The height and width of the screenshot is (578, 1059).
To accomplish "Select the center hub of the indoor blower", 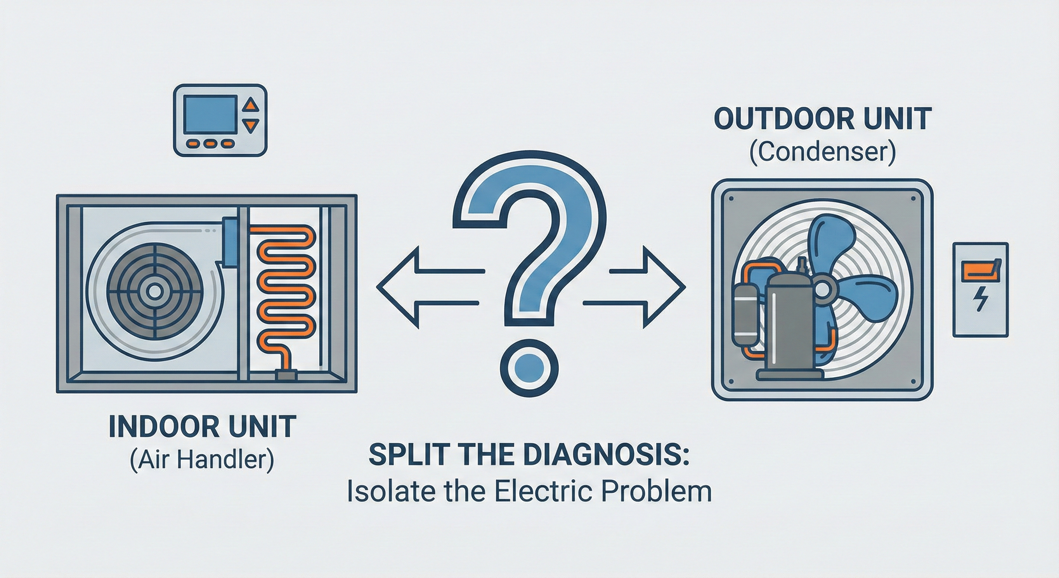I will click(x=155, y=292).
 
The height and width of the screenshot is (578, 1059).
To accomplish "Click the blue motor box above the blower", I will click(x=230, y=242).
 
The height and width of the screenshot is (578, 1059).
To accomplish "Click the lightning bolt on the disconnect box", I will click(x=980, y=298).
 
